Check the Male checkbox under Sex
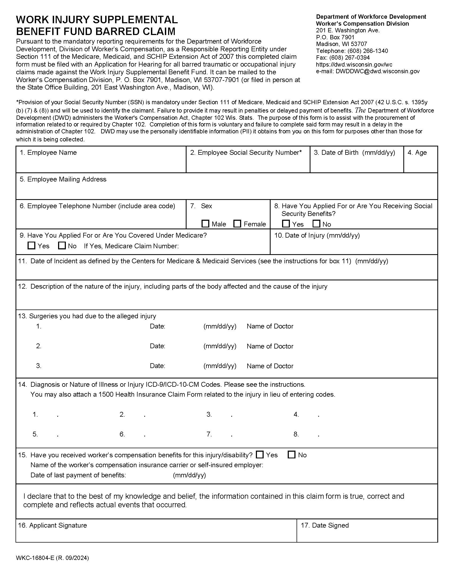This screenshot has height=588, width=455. click(x=205, y=224)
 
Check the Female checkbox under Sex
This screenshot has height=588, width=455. click(x=237, y=224)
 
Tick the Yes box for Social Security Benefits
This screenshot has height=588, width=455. click(x=286, y=224)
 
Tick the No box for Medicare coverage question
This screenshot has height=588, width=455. click(x=62, y=246)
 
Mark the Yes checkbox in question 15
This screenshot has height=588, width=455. click(x=260, y=455)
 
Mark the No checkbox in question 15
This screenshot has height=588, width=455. click(x=292, y=455)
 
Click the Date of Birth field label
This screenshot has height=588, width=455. click(x=354, y=153)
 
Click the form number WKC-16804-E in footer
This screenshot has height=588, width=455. click(x=35, y=558)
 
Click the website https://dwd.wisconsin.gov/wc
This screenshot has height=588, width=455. click(x=354, y=65)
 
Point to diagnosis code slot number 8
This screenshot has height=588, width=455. click(x=297, y=434)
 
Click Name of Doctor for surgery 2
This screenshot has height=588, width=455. click(x=270, y=346)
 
